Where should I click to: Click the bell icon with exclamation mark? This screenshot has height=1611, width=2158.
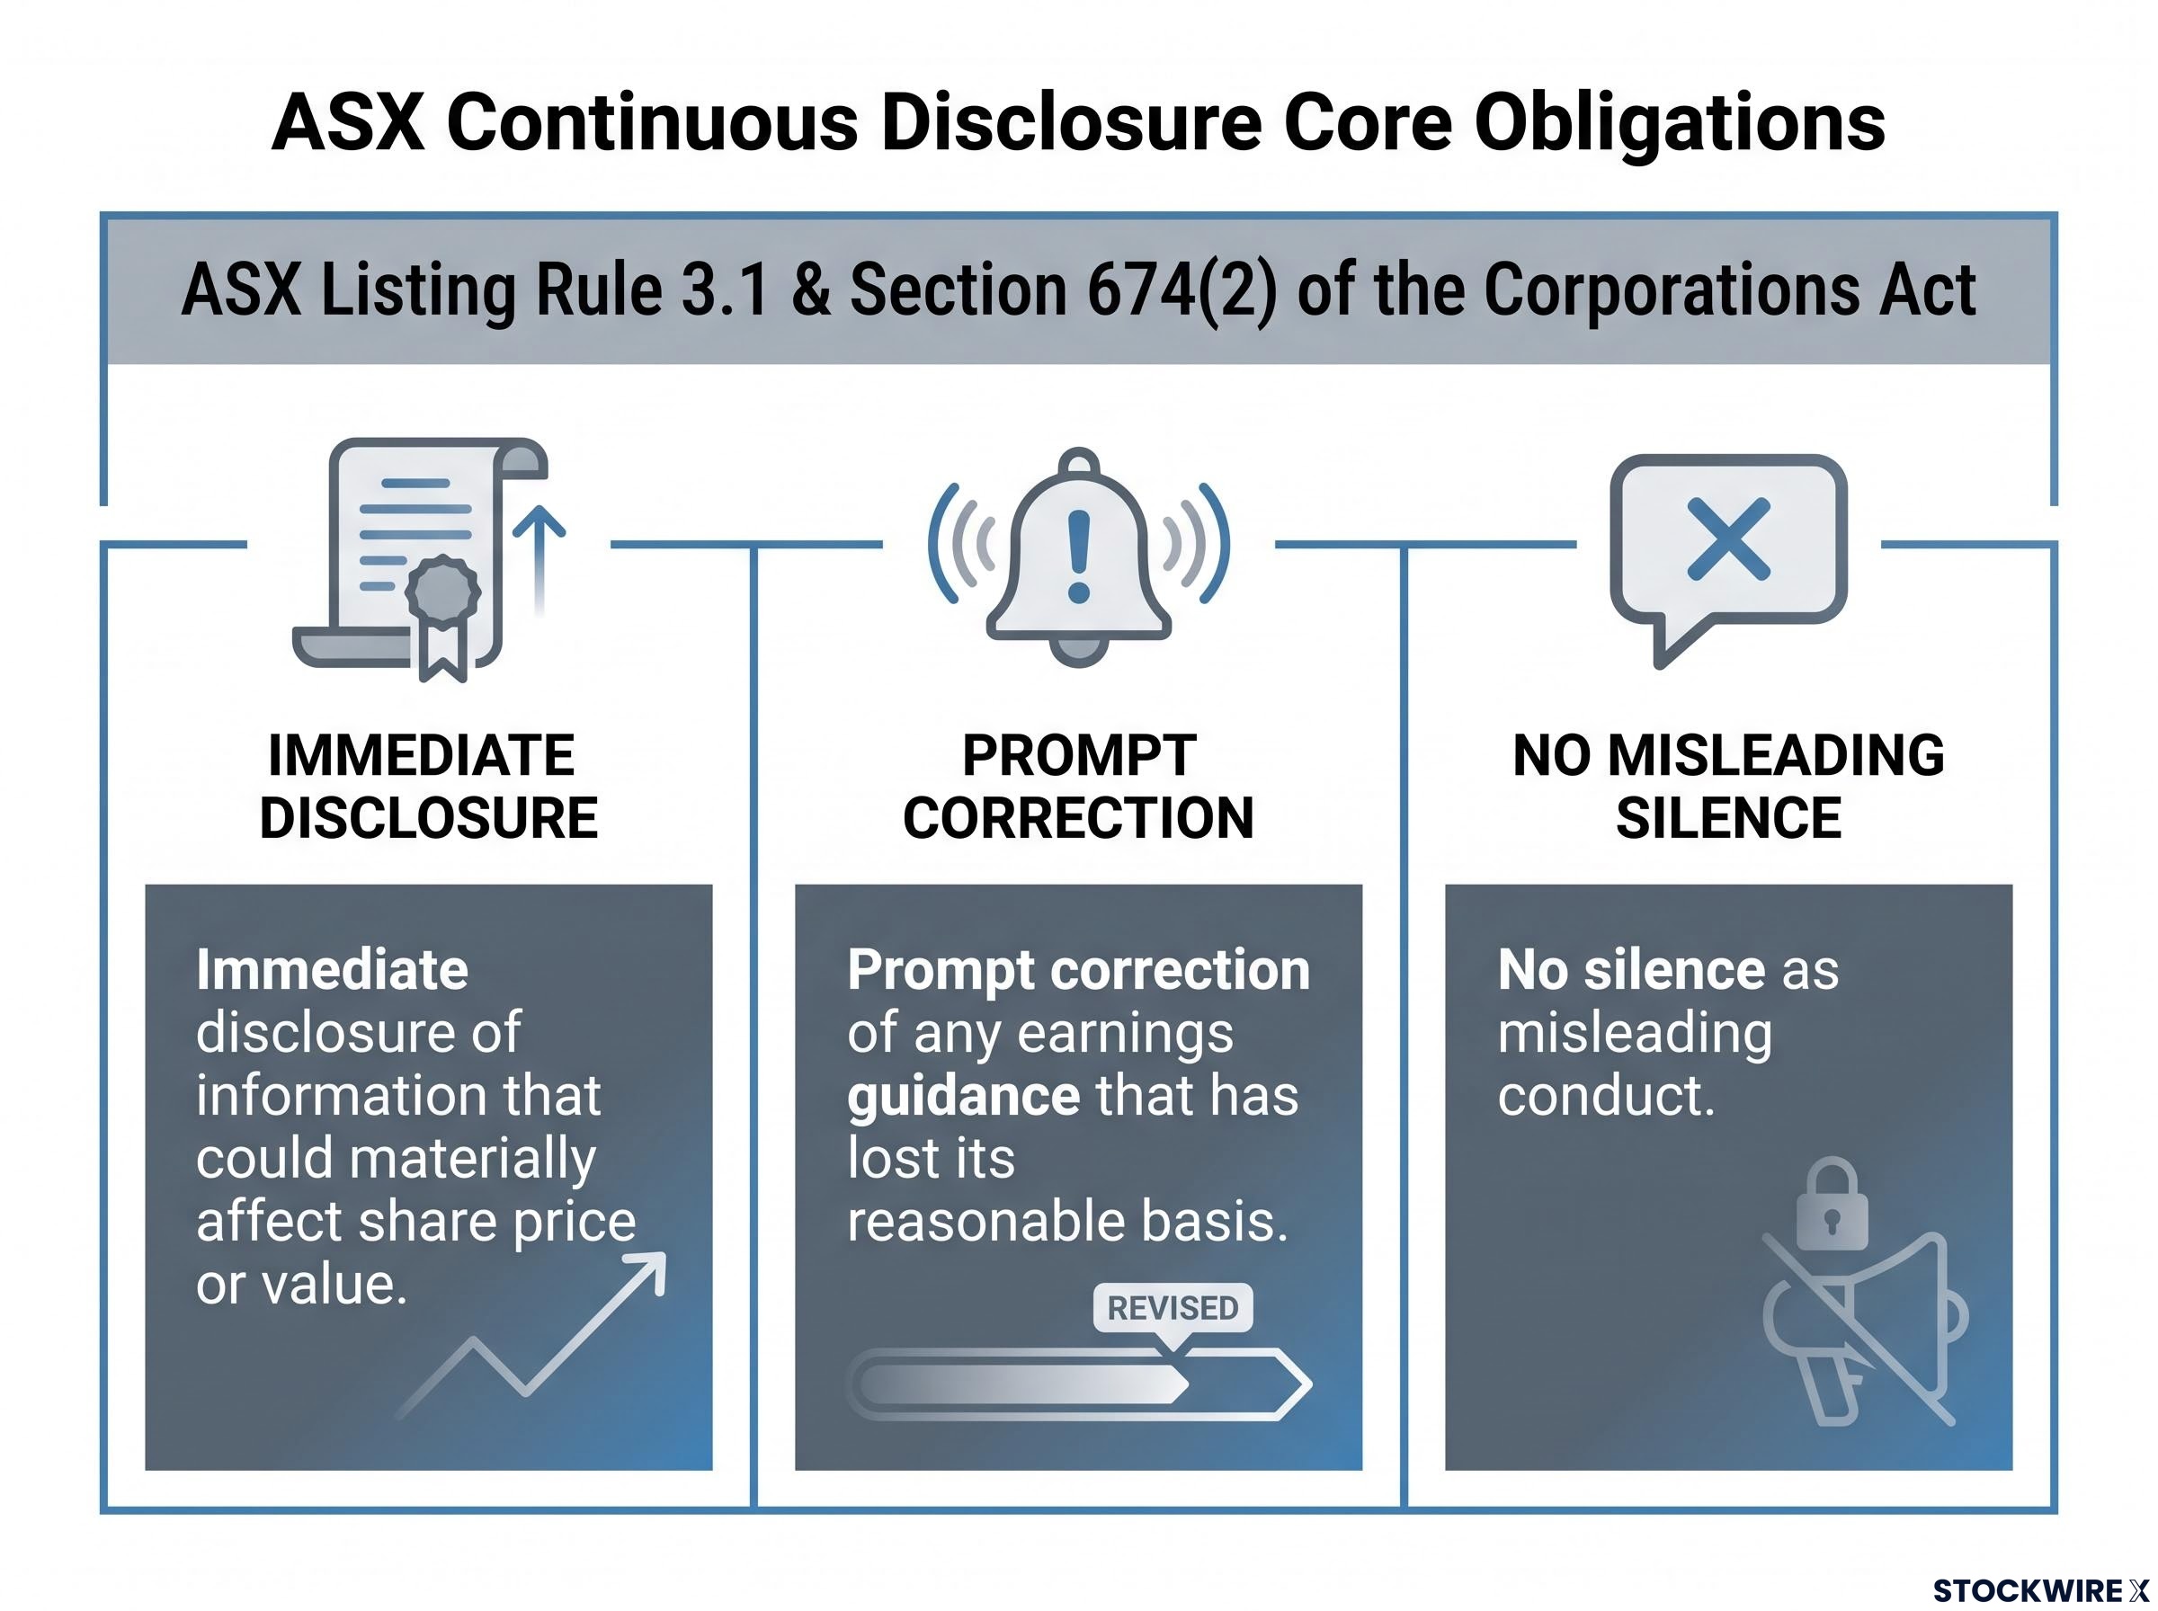(x=1078, y=556)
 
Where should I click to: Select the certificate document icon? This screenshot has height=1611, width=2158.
(x=429, y=560)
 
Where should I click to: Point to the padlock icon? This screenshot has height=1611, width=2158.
(x=1832, y=1205)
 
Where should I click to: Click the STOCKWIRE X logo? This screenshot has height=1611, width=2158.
(x=2040, y=1590)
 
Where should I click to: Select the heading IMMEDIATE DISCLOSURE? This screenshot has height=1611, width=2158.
(x=428, y=786)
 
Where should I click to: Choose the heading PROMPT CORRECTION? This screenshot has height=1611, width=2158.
(x=1078, y=786)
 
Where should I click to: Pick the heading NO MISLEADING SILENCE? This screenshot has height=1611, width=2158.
(x=1728, y=786)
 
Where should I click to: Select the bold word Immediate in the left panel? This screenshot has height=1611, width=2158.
(x=332, y=969)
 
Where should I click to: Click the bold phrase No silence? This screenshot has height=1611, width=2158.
(x=1630, y=969)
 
